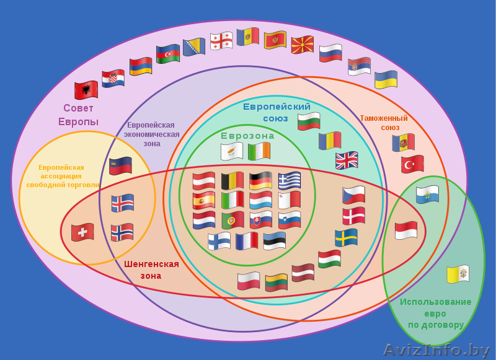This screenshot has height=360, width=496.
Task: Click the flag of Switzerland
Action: point(82,232)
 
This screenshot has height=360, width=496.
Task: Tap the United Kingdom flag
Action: point(347,160)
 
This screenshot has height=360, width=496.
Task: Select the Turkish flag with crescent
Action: point(412,164)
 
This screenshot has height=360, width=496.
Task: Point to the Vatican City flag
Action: point(458,274)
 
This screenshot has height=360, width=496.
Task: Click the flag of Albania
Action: point(86,90)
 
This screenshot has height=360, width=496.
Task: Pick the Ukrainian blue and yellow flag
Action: point(386,80)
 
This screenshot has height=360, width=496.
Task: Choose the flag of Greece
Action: point(290,180)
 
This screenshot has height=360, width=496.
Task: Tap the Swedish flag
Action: point(347,237)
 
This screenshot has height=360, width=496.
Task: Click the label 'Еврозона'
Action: point(247,136)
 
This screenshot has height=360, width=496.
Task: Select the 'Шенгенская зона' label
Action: point(151,270)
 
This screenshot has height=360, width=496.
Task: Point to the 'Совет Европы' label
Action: point(79,115)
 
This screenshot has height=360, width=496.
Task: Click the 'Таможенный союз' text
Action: point(384,123)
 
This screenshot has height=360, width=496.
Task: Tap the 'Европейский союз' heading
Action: point(277,112)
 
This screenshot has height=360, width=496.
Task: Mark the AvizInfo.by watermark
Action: point(437,350)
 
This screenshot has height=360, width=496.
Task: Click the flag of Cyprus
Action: point(232,151)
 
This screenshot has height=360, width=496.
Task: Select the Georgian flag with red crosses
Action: point(221,41)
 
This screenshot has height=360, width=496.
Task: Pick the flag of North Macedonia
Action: point(303,45)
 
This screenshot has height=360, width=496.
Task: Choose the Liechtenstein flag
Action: point(120,165)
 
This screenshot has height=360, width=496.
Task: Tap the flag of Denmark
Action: point(354,216)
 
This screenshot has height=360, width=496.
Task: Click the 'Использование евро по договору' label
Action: point(436,314)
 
